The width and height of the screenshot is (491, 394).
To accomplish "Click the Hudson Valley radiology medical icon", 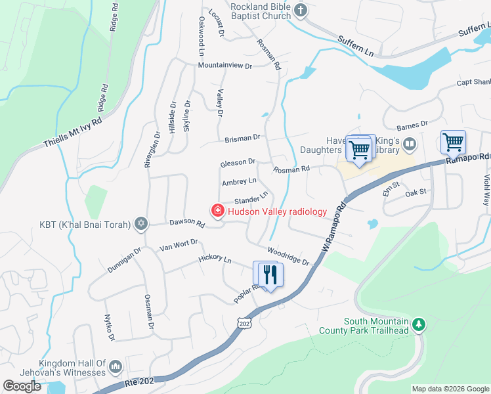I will coord(217,211).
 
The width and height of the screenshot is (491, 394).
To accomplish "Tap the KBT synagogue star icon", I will coord(140,225).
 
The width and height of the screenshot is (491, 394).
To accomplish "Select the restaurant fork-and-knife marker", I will coord(269,274).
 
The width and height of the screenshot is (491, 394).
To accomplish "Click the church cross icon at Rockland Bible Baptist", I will coord(301,10).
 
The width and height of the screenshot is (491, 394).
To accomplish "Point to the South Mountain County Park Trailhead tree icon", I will coord(418,324).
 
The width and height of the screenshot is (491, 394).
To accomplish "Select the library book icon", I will coord(410,143).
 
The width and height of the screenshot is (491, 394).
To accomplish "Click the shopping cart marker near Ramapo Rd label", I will coord(453,141).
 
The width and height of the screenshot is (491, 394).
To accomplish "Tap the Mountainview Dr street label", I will coord(225,66).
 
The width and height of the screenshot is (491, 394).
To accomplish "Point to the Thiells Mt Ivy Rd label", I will coord(74,133).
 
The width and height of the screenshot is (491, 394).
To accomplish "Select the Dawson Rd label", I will coord(187,224).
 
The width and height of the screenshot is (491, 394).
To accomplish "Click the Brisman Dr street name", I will coord(242,139).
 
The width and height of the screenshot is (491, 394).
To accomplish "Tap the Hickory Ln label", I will coord(215,260).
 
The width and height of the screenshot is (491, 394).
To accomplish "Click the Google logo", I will coord(22,386).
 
